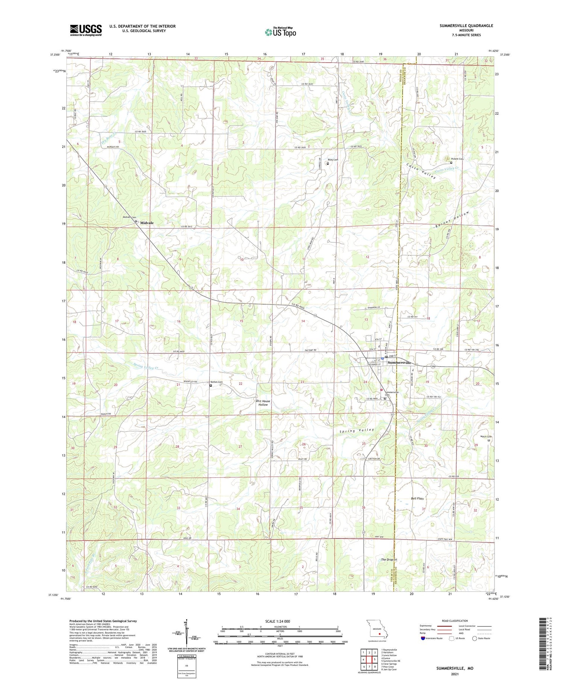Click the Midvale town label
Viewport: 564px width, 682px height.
[x=147, y=223]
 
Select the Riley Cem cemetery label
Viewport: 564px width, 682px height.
[x=333, y=160]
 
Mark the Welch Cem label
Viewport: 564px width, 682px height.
[x=486, y=436]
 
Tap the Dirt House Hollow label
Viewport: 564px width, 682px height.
[x=263, y=403]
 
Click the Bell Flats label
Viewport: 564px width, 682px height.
[x=417, y=498]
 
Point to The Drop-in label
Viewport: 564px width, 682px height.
[x=389, y=560]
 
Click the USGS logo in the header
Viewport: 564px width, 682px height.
[x=86, y=30]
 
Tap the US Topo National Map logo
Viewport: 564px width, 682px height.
[x=280, y=32]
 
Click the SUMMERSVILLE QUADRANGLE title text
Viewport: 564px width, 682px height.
[x=461, y=26]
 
